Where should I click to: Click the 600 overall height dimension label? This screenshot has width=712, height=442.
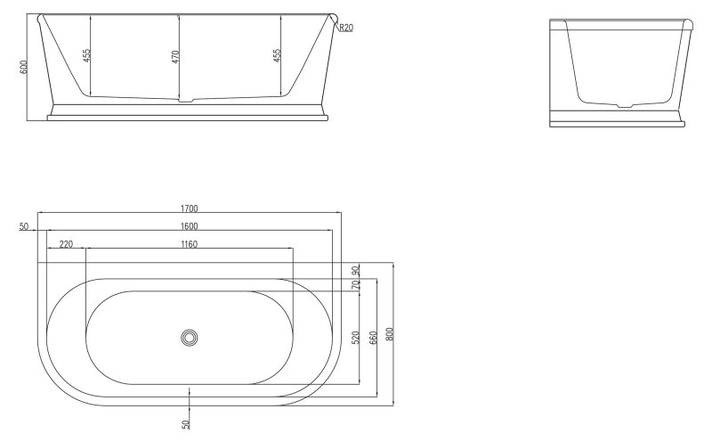click(23, 67)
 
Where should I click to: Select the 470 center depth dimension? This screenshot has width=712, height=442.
click(175, 55)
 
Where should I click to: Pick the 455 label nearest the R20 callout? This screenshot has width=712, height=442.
click(276, 55)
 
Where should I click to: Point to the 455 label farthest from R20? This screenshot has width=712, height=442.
click(86, 55)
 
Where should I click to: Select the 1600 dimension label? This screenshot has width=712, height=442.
click(188, 225)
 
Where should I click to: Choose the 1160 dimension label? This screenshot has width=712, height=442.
click(188, 243)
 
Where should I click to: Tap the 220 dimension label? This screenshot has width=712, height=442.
click(66, 243)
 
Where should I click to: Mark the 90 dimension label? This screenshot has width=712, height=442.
click(355, 270)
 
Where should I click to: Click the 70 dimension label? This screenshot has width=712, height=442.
click(355, 285)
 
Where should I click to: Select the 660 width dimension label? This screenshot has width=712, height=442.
click(373, 337)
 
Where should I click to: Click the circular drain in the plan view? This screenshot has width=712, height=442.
click(189, 338)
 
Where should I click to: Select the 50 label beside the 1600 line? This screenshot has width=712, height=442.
click(23, 226)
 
